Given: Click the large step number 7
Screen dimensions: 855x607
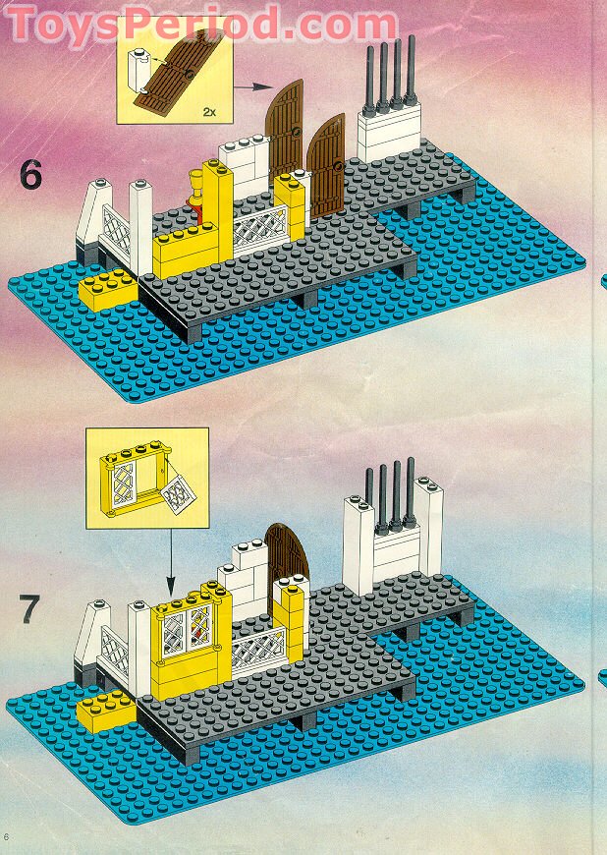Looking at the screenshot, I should pyautogui.click(x=29, y=609).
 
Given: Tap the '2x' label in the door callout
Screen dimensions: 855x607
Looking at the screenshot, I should pyautogui.click(x=208, y=112).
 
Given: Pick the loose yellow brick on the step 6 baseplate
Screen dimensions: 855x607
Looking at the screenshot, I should pyautogui.click(x=108, y=290).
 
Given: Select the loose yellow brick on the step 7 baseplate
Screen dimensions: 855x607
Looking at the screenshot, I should pyautogui.click(x=106, y=706).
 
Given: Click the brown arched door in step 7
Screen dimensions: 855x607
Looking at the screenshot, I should pyautogui.click(x=287, y=555).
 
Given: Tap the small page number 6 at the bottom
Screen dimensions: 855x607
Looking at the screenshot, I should pyautogui.click(x=8, y=836).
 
